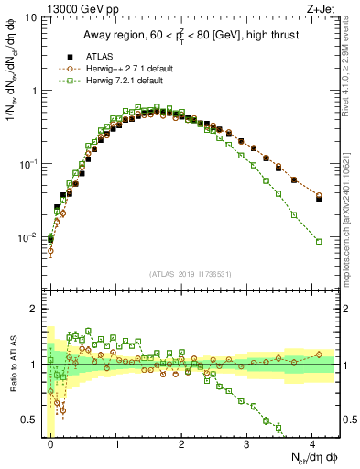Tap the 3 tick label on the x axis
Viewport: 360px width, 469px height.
pos(247,443)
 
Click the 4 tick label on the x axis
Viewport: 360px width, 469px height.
pos(312,443)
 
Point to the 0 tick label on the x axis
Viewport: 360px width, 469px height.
pos(50,443)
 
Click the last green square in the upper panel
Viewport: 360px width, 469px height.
pos(319,241)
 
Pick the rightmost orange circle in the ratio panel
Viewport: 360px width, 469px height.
pos(319,354)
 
